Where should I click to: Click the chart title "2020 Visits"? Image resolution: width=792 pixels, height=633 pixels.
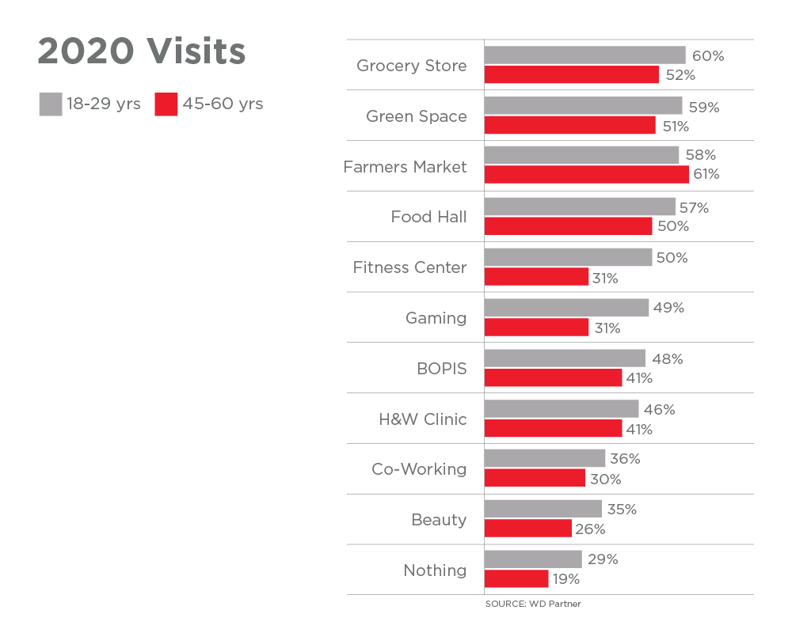coord(142,52)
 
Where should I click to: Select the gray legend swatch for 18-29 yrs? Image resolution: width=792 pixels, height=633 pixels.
coord(51,104)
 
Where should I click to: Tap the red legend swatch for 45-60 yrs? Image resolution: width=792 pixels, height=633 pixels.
coord(166,104)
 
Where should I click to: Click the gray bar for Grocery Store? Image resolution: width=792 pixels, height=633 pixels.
coord(584,55)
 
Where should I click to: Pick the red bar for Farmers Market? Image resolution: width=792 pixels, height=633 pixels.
coord(586,174)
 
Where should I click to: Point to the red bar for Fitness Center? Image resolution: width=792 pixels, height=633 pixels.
coord(536,277)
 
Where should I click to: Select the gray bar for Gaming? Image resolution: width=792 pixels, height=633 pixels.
coord(566,308)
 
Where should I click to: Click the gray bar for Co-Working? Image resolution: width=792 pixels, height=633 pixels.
coord(544,459)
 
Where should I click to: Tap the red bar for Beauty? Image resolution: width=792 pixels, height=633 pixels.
coord(527,529)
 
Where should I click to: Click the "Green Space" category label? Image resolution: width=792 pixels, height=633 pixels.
coord(416,116)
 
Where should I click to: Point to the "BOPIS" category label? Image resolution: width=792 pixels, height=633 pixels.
coord(442,369)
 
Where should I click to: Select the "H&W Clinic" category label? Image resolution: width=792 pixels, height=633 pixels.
coord(422,419)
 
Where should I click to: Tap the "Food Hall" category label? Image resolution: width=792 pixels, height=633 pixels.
coord(428,217)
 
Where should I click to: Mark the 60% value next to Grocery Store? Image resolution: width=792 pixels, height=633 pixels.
coord(708,56)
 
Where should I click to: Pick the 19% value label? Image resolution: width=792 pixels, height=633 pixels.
coord(565,579)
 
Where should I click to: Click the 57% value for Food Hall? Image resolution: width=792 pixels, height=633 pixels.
coord(694,208)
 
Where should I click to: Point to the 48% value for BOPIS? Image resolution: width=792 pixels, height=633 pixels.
coord(667,358)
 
